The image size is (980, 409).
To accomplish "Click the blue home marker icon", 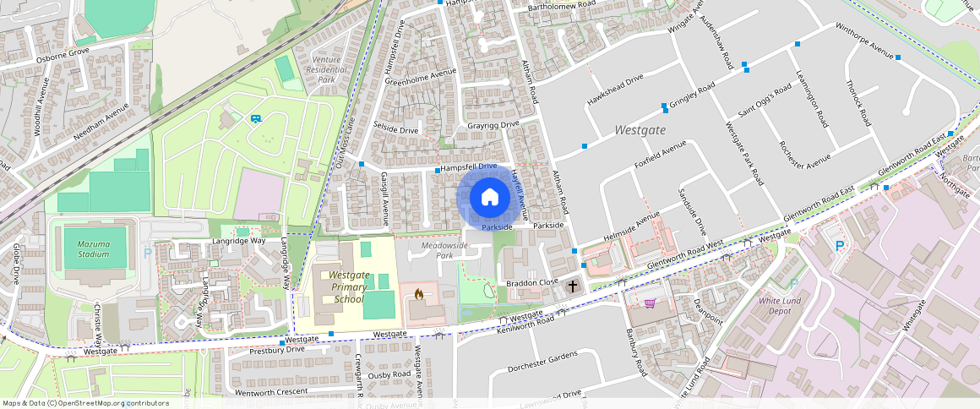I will pos(489,198).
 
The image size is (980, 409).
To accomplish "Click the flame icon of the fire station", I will pos(418,295).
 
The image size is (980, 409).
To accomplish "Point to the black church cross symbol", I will pos(573,286).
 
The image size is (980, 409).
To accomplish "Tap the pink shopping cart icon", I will pos(650,303).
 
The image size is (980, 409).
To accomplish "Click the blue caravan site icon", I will pos(255,118).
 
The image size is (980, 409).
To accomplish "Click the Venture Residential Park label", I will pos(326,69).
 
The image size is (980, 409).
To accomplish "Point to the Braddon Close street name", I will pos(532,282).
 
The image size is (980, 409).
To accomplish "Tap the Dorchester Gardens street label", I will pos(542,363).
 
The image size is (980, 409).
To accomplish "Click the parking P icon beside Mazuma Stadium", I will pos(148,252).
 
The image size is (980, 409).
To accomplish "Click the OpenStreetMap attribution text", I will pos(85,403).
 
